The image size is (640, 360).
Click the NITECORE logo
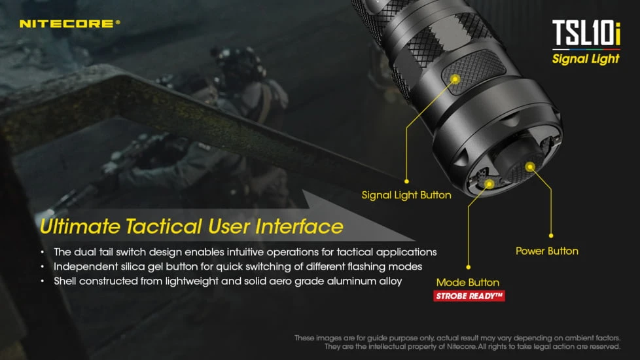click(x=69, y=24)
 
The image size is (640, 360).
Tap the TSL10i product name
click(x=586, y=33)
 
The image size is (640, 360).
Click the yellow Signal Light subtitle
click(x=586, y=59)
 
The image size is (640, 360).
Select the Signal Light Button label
click(x=406, y=195)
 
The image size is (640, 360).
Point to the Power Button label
click(x=546, y=251)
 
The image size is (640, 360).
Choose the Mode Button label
click(x=468, y=283)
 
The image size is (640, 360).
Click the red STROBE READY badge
click(x=469, y=296)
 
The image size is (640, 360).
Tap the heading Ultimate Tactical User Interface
click(x=191, y=226)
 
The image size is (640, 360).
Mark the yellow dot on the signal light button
click(x=453, y=78)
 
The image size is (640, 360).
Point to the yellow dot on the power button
click(x=530, y=167)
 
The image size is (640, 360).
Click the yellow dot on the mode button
click(x=489, y=185)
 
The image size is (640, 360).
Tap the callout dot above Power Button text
click(x=551, y=235)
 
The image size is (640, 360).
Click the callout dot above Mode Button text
click(x=469, y=267)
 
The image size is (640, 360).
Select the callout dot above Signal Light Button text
click(x=406, y=181)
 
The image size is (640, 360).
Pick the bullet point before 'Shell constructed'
click(x=43, y=281)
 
